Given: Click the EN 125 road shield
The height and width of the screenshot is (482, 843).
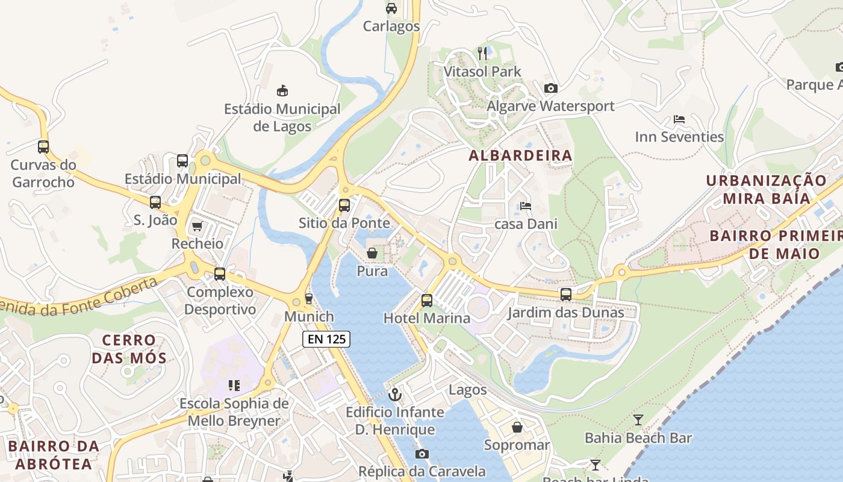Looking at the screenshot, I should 326,339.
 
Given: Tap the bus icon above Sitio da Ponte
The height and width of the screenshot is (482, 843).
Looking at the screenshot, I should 344,205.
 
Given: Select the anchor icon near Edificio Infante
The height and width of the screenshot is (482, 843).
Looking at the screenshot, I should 395,395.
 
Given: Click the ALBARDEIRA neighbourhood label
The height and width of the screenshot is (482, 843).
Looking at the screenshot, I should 520,155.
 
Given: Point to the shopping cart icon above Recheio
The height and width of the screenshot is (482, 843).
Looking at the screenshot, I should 197,227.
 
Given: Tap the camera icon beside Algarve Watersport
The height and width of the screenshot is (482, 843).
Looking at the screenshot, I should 550,89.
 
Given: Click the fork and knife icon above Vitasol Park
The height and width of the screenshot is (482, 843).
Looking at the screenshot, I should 482,54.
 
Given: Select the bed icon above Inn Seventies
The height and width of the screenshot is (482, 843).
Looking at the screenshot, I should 679,119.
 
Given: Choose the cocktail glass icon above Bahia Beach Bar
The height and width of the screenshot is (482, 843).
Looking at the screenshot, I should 638,420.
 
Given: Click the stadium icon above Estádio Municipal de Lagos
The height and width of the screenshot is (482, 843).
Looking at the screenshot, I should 282,91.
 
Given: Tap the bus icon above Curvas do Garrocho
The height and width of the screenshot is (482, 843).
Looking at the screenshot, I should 43,146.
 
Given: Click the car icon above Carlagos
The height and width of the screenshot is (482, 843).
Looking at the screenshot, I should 391,8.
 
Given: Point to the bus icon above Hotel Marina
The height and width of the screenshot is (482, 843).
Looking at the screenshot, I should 427,300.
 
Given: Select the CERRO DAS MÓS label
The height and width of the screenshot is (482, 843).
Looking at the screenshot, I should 129,349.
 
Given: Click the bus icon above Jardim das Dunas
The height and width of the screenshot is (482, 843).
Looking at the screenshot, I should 566,295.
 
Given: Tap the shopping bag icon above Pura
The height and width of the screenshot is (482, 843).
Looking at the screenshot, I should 372,254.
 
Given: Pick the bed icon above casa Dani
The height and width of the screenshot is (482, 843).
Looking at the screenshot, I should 525,206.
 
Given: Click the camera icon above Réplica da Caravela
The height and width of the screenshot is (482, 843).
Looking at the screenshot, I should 421,454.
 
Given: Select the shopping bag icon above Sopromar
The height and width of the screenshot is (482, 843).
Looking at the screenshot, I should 517,428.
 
